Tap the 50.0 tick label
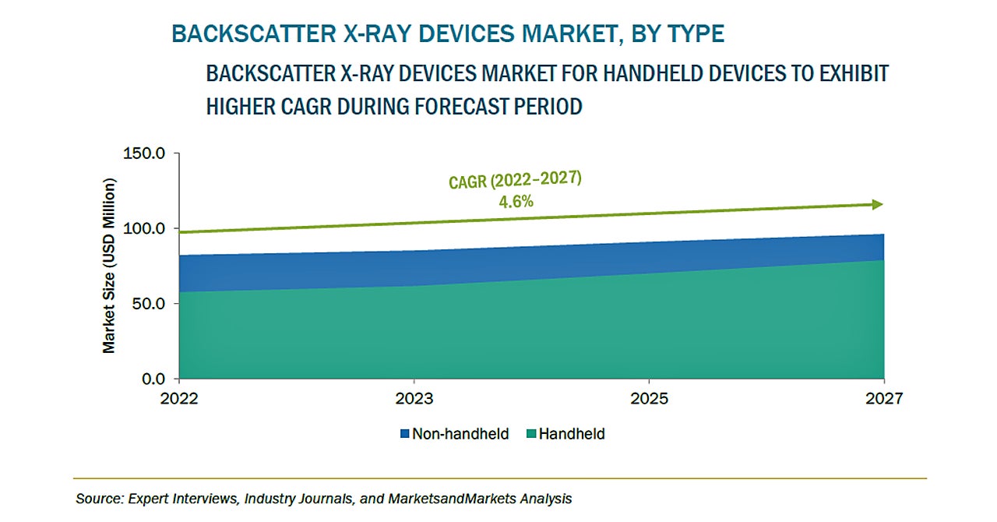pos(147,304)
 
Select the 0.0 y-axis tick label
pos(151,379)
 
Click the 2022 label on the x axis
pos(179,399)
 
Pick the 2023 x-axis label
pos(414,399)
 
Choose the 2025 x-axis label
pos(650,399)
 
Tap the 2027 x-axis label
pos(883,399)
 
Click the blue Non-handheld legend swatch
pos(404,434)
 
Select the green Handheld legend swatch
pos(530,434)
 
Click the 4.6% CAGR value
pos(516,202)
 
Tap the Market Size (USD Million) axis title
pos(109,266)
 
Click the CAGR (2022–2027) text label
pos(515,180)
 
